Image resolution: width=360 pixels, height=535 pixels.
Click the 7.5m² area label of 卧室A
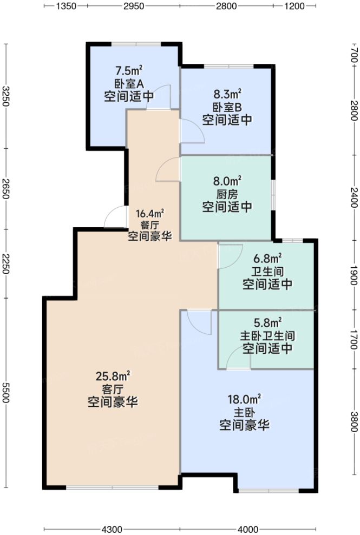click(128, 70)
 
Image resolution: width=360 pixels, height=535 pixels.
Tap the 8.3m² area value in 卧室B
click(227, 94)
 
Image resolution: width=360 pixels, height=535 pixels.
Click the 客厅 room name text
click(113, 389)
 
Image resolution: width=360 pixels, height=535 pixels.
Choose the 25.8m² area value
click(113, 375)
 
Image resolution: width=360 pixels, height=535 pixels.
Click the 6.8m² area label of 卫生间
click(267, 258)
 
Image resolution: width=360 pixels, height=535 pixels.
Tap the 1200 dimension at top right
click(295, 6)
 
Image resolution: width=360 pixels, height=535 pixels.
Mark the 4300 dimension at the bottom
click(112, 529)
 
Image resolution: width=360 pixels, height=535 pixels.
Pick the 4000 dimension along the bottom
click(247, 529)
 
